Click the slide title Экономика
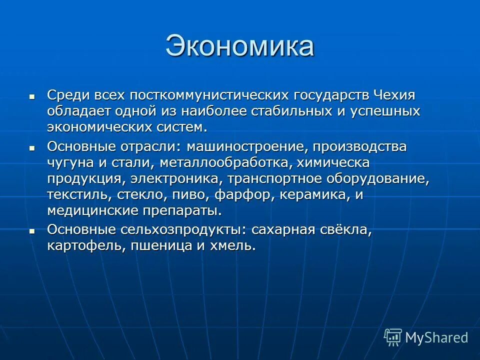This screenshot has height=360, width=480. (239, 46)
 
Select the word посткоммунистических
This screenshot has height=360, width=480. (208, 95)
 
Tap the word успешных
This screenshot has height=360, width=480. (383, 111)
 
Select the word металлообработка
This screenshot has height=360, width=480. (217, 163)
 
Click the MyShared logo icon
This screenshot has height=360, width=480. (393, 337)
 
